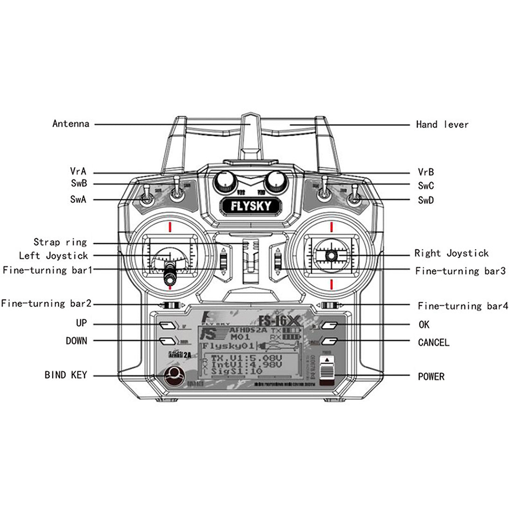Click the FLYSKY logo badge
click(x=250, y=206)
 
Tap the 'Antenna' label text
click(x=71, y=124)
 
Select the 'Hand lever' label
click(x=442, y=124)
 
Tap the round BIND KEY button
click(x=174, y=375)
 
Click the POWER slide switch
click(x=327, y=369)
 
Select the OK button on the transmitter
click(x=329, y=324)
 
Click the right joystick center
click(x=331, y=255)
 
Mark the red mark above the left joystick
click(x=171, y=227)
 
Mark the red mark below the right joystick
click(x=331, y=284)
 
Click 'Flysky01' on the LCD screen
click(x=228, y=346)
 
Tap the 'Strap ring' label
click(x=60, y=242)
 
